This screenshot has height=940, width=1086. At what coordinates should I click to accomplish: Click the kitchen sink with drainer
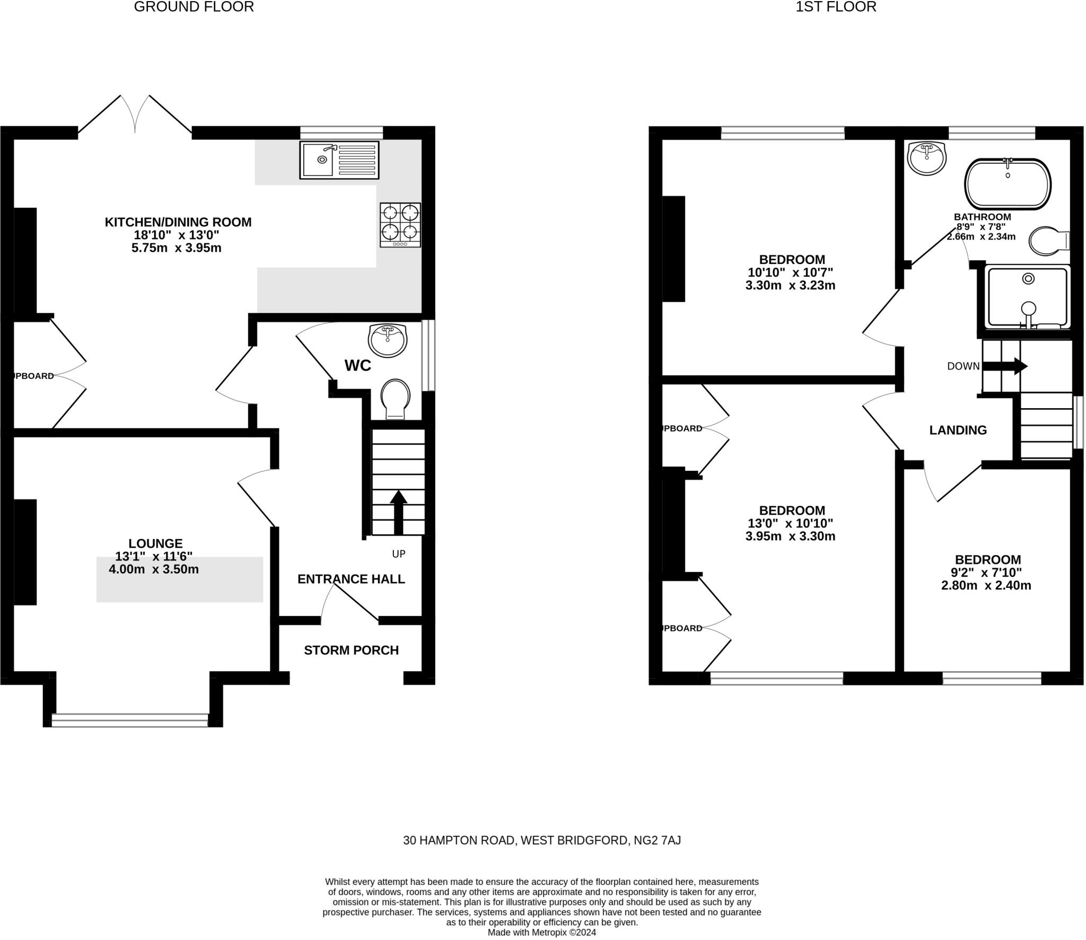click(339, 160)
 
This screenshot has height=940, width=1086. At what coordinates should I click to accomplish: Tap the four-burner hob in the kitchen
click(400, 225)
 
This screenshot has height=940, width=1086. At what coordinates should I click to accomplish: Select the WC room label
click(358, 366)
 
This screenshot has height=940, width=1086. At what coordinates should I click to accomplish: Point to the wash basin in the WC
click(388, 340)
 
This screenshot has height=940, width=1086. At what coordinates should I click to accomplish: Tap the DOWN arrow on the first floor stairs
click(1005, 366)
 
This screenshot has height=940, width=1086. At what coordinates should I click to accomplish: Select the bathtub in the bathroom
click(1008, 183)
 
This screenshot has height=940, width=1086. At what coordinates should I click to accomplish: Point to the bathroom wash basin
click(927, 158)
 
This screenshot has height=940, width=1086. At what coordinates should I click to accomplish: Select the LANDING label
click(958, 430)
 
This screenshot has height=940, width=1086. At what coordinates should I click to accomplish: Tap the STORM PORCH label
click(351, 650)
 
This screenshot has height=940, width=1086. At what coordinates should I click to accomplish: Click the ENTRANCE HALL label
click(351, 579)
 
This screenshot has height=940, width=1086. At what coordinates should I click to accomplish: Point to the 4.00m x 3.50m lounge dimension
click(154, 569)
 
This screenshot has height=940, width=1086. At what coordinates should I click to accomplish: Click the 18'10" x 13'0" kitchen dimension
click(177, 235)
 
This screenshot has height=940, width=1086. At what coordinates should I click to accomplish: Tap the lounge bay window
click(130, 719)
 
